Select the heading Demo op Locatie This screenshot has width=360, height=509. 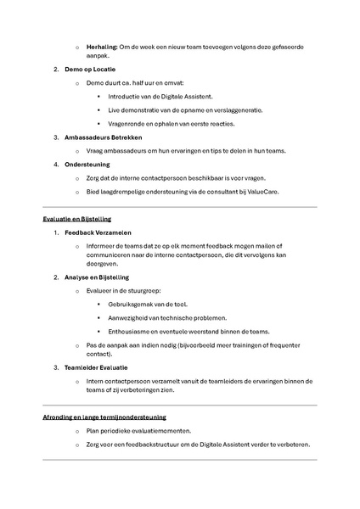tap(89, 69)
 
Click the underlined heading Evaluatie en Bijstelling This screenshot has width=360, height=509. tap(83, 218)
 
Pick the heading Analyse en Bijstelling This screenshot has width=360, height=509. tap(97, 277)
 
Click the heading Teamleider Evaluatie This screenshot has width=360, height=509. tap(98, 367)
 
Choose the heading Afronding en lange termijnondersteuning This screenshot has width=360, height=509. tap(104, 417)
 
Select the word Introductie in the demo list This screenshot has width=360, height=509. tap(126, 96)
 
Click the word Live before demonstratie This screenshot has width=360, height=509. tap(115, 109)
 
